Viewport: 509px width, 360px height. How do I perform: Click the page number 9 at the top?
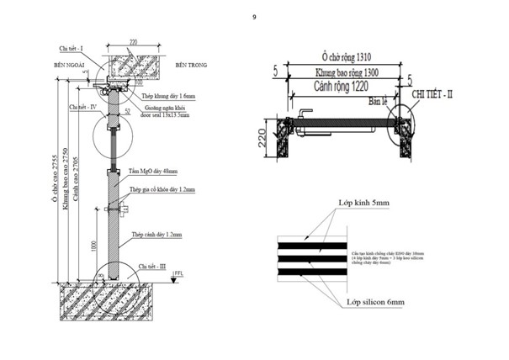pyautogui.click(x=253, y=14)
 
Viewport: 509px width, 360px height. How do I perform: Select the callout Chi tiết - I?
pyautogui.click(x=72, y=50)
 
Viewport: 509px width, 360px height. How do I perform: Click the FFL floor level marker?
pyautogui.click(x=178, y=274)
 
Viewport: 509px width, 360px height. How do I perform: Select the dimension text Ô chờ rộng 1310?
pyautogui.click(x=340, y=56)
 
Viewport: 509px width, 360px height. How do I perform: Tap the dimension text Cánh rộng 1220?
pyautogui.click(x=331, y=87)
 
